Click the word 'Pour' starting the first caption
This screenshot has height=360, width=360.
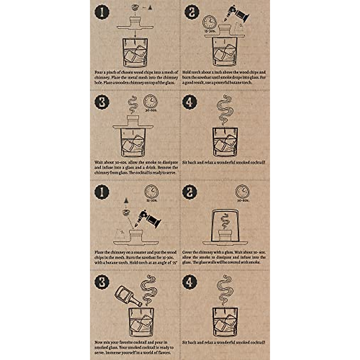(x=98, y=72)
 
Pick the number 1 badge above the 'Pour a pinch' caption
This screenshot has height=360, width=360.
(x=102, y=12)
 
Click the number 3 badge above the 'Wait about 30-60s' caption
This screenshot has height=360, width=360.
(x=102, y=102)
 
